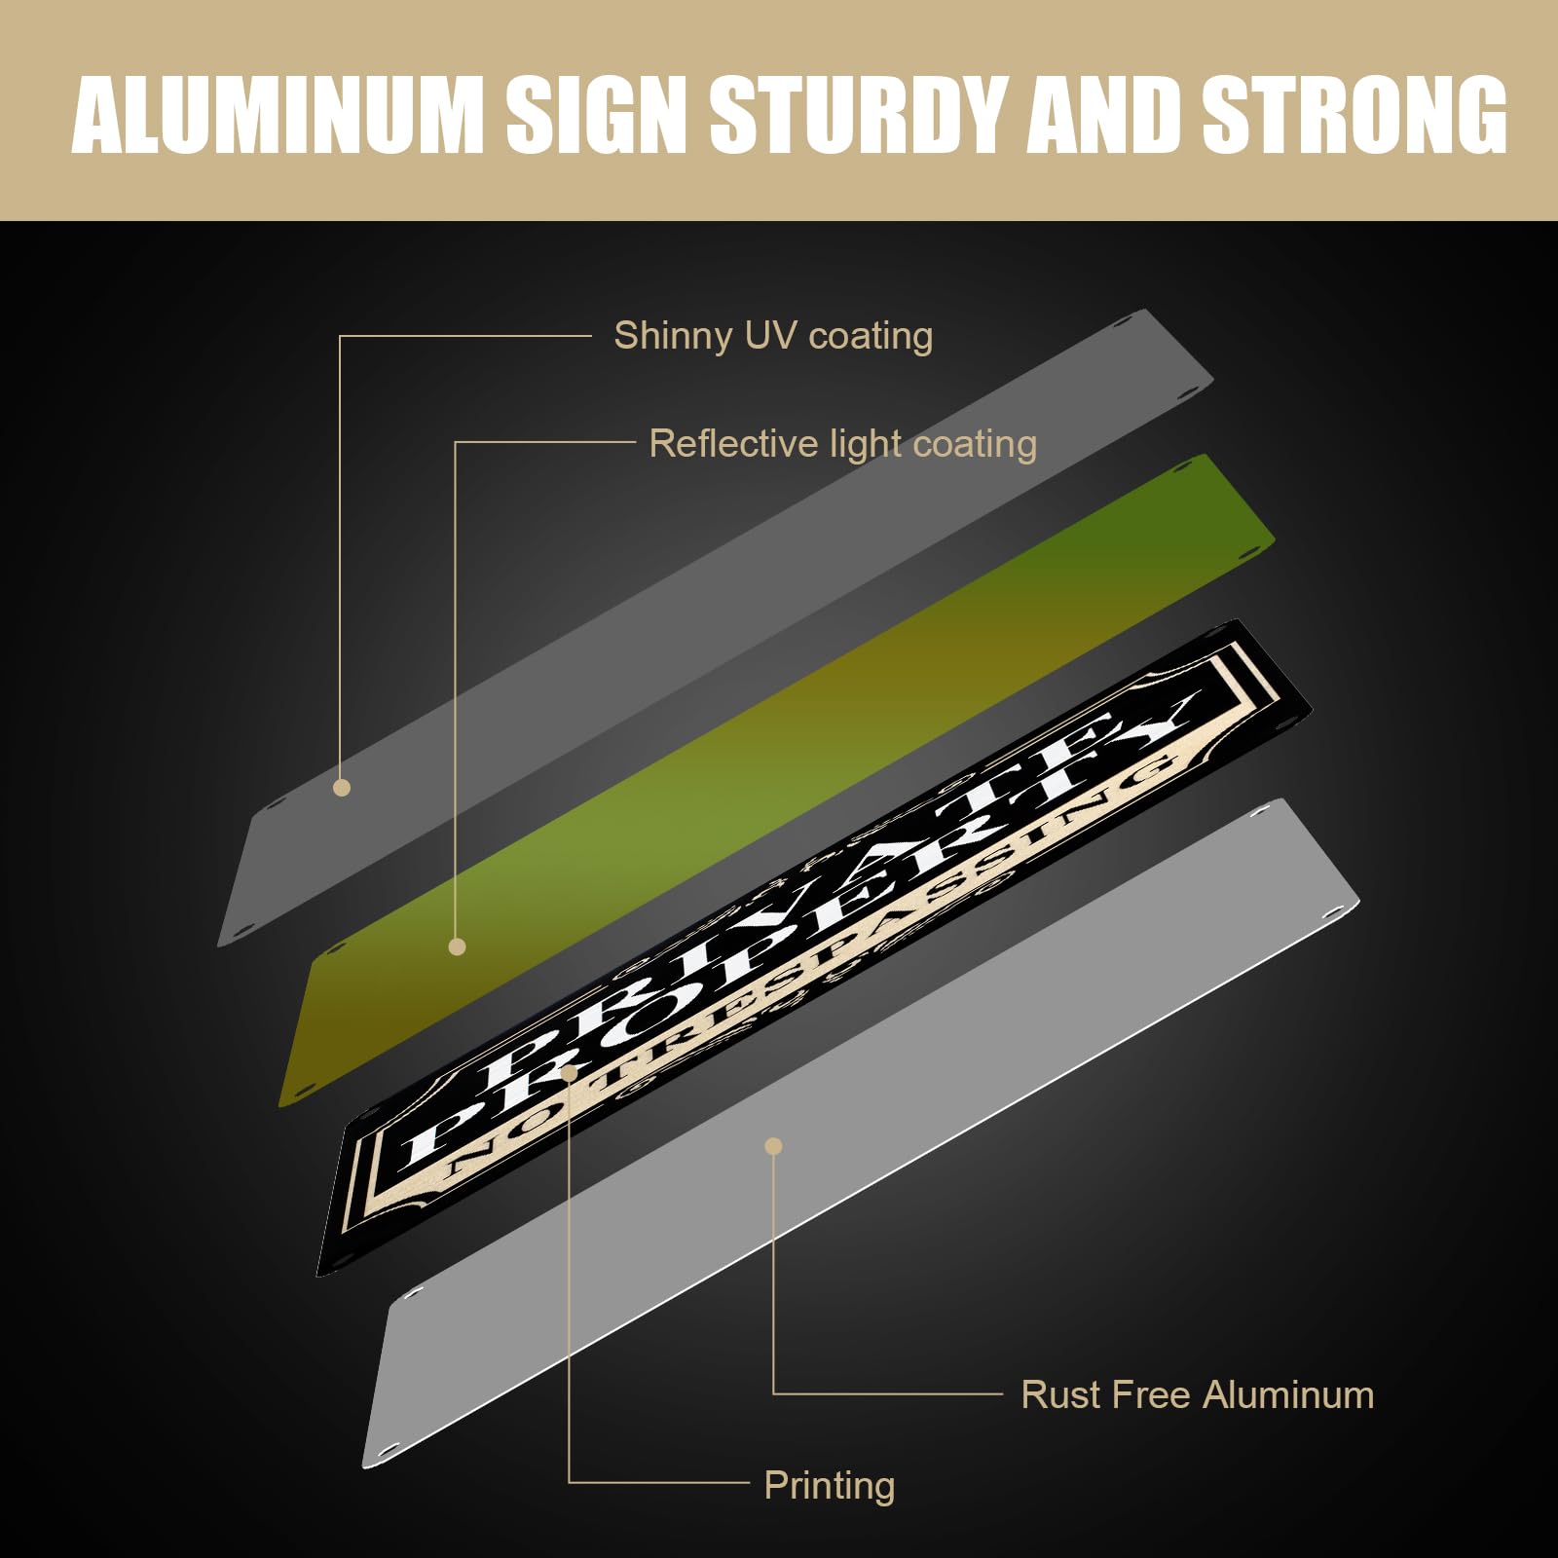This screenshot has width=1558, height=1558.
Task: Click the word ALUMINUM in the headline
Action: click(278, 115)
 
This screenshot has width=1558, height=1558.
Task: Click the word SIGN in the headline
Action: click(597, 115)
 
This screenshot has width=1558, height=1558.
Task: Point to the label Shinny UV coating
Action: click(773, 336)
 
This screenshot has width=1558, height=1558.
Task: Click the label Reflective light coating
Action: click(842, 444)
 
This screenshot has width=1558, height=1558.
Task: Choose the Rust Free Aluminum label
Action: click(1197, 1394)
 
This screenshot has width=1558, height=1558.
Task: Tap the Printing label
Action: click(829, 1485)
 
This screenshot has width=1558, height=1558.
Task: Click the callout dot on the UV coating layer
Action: click(341, 788)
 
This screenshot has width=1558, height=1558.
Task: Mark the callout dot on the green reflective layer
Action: click(457, 946)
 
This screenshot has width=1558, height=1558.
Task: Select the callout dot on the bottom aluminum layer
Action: click(773, 1146)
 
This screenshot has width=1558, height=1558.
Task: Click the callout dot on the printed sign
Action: click(570, 1071)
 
